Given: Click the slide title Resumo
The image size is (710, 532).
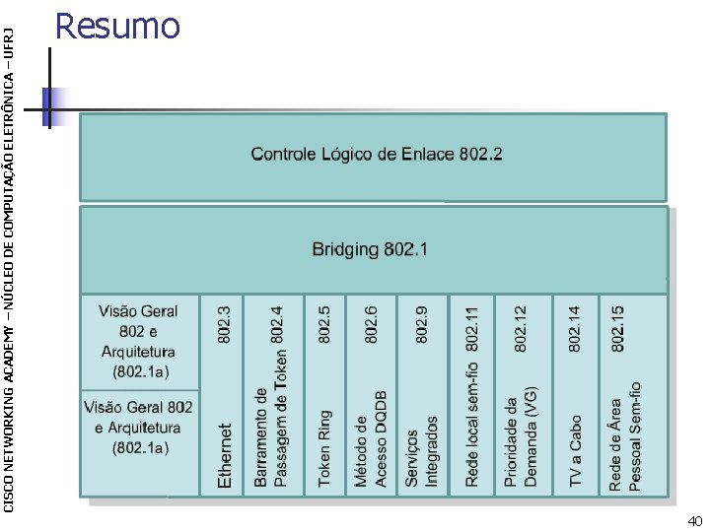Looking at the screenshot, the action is pyautogui.click(x=117, y=26).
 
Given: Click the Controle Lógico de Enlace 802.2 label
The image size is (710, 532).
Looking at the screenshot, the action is pyautogui.click(x=377, y=155).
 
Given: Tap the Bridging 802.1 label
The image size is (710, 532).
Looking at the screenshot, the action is pyautogui.click(x=370, y=249).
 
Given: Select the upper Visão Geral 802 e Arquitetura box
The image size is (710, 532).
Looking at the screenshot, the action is pyautogui.click(x=138, y=342).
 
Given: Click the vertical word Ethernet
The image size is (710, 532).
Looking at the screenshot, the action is pyautogui.click(x=225, y=456).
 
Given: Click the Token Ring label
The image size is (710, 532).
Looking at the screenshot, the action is pyautogui.click(x=324, y=448).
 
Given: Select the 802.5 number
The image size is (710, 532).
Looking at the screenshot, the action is pyautogui.click(x=324, y=324).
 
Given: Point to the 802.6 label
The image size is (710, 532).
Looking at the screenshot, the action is pyautogui.click(x=371, y=324).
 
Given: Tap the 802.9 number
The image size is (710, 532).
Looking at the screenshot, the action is pyautogui.click(x=422, y=324).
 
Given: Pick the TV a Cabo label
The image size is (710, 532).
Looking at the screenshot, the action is pyautogui.click(x=576, y=452).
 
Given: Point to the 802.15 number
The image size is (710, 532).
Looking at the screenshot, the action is pyautogui.click(x=618, y=328).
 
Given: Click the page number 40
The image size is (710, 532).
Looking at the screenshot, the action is pyautogui.click(x=695, y=520).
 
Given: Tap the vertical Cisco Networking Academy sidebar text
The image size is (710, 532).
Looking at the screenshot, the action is pyautogui.click(x=9, y=256).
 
